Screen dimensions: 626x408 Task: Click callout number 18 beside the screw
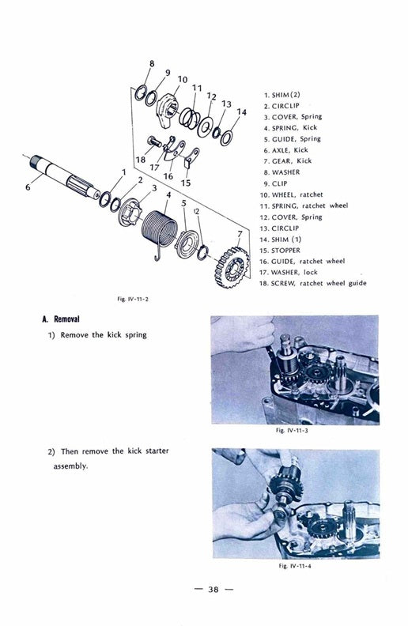[x=141, y=159]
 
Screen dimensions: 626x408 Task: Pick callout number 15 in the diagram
[x=186, y=183]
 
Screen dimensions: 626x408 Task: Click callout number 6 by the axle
[x=28, y=187]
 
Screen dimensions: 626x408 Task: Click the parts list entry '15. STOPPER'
[x=285, y=249]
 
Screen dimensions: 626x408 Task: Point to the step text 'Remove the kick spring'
[x=104, y=335]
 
